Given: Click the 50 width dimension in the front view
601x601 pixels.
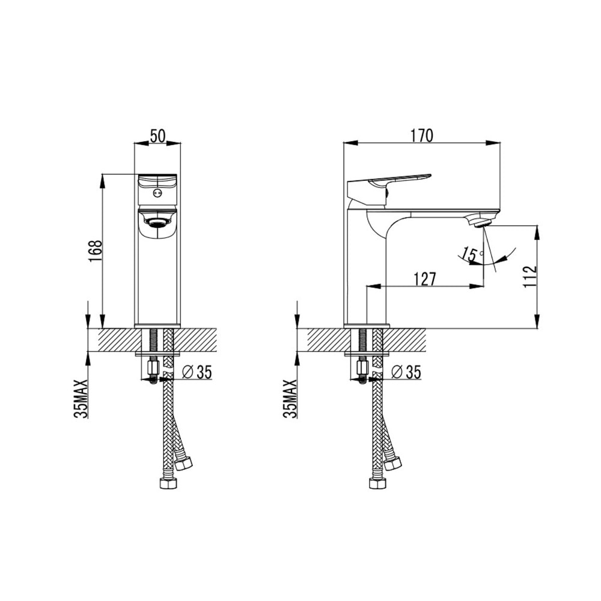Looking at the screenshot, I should [x=157, y=136].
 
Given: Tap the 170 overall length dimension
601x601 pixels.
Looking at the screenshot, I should [x=422, y=136].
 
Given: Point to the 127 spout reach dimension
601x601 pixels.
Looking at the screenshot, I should [x=424, y=278].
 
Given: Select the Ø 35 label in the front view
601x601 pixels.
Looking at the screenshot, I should [x=196, y=373].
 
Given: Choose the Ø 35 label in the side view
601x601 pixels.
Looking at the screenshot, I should [x=406, y=373].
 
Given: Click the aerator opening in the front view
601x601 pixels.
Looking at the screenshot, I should [x=157, y=223].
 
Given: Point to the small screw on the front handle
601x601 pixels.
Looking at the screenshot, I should [x=157, y=193].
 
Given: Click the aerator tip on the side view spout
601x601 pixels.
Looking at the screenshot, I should [x=482, y=223].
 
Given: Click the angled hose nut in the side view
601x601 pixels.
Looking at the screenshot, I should [x=392, y=463].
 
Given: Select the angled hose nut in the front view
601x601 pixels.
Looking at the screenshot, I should [x=183, y=463].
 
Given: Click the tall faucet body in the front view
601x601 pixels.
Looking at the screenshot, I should [x=157, y=276].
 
